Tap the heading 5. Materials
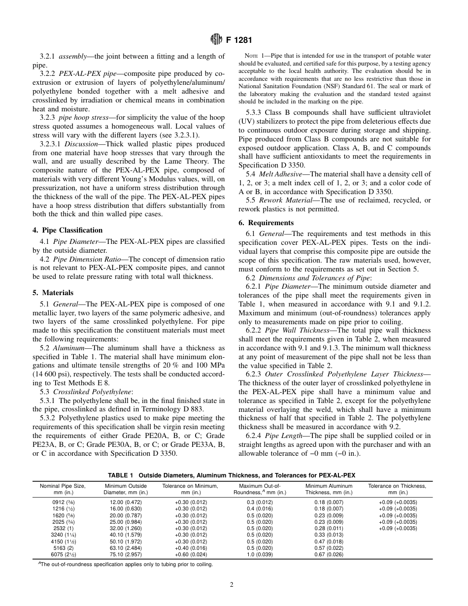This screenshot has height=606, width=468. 53,292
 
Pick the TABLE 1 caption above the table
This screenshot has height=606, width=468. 232,475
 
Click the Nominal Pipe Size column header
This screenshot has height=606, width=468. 63,489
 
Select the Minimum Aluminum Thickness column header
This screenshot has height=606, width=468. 329,489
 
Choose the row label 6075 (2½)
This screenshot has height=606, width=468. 63,554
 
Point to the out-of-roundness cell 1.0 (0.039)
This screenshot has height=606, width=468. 260,554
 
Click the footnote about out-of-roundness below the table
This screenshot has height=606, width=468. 126,565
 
